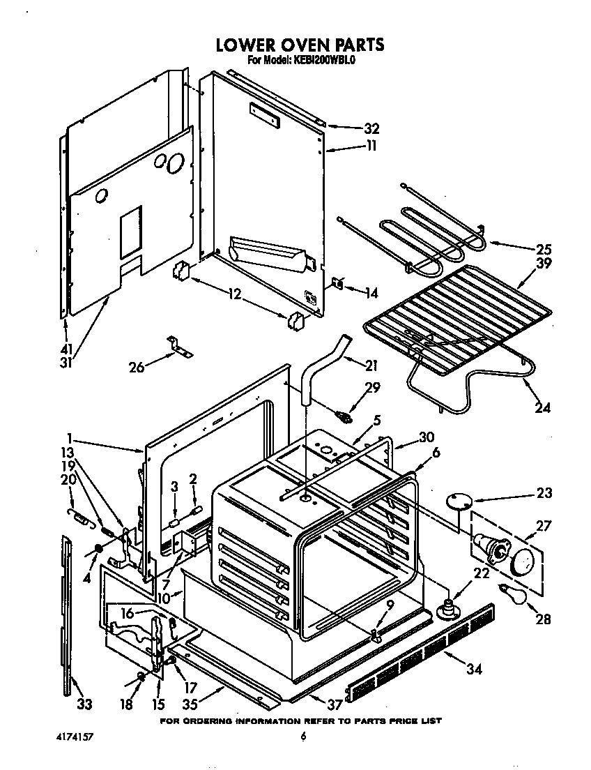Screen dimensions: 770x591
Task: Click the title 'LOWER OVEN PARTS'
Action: (x=299, y=45)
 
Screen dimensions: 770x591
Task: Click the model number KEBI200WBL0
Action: (x=321, y=60)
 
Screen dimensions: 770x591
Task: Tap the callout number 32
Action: (x=371, y=128)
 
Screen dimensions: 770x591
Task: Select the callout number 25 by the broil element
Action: (x=543, y=249)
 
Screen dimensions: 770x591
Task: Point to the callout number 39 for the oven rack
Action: (x=543, y=264)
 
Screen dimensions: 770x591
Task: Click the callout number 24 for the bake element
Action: (x=542, y=407)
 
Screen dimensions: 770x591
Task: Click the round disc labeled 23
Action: (x=457, y=499)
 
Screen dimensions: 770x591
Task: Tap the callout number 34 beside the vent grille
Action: (x=473, y=671)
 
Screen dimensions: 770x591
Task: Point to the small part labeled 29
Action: (x=343, y=418)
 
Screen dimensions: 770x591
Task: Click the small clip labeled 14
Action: (x=338, y=284)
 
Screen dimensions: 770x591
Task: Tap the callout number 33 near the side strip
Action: (x=84, y=704)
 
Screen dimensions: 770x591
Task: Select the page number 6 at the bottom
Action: (x=303, y=737)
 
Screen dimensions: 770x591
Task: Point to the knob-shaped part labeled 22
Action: (x=447, y=609)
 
